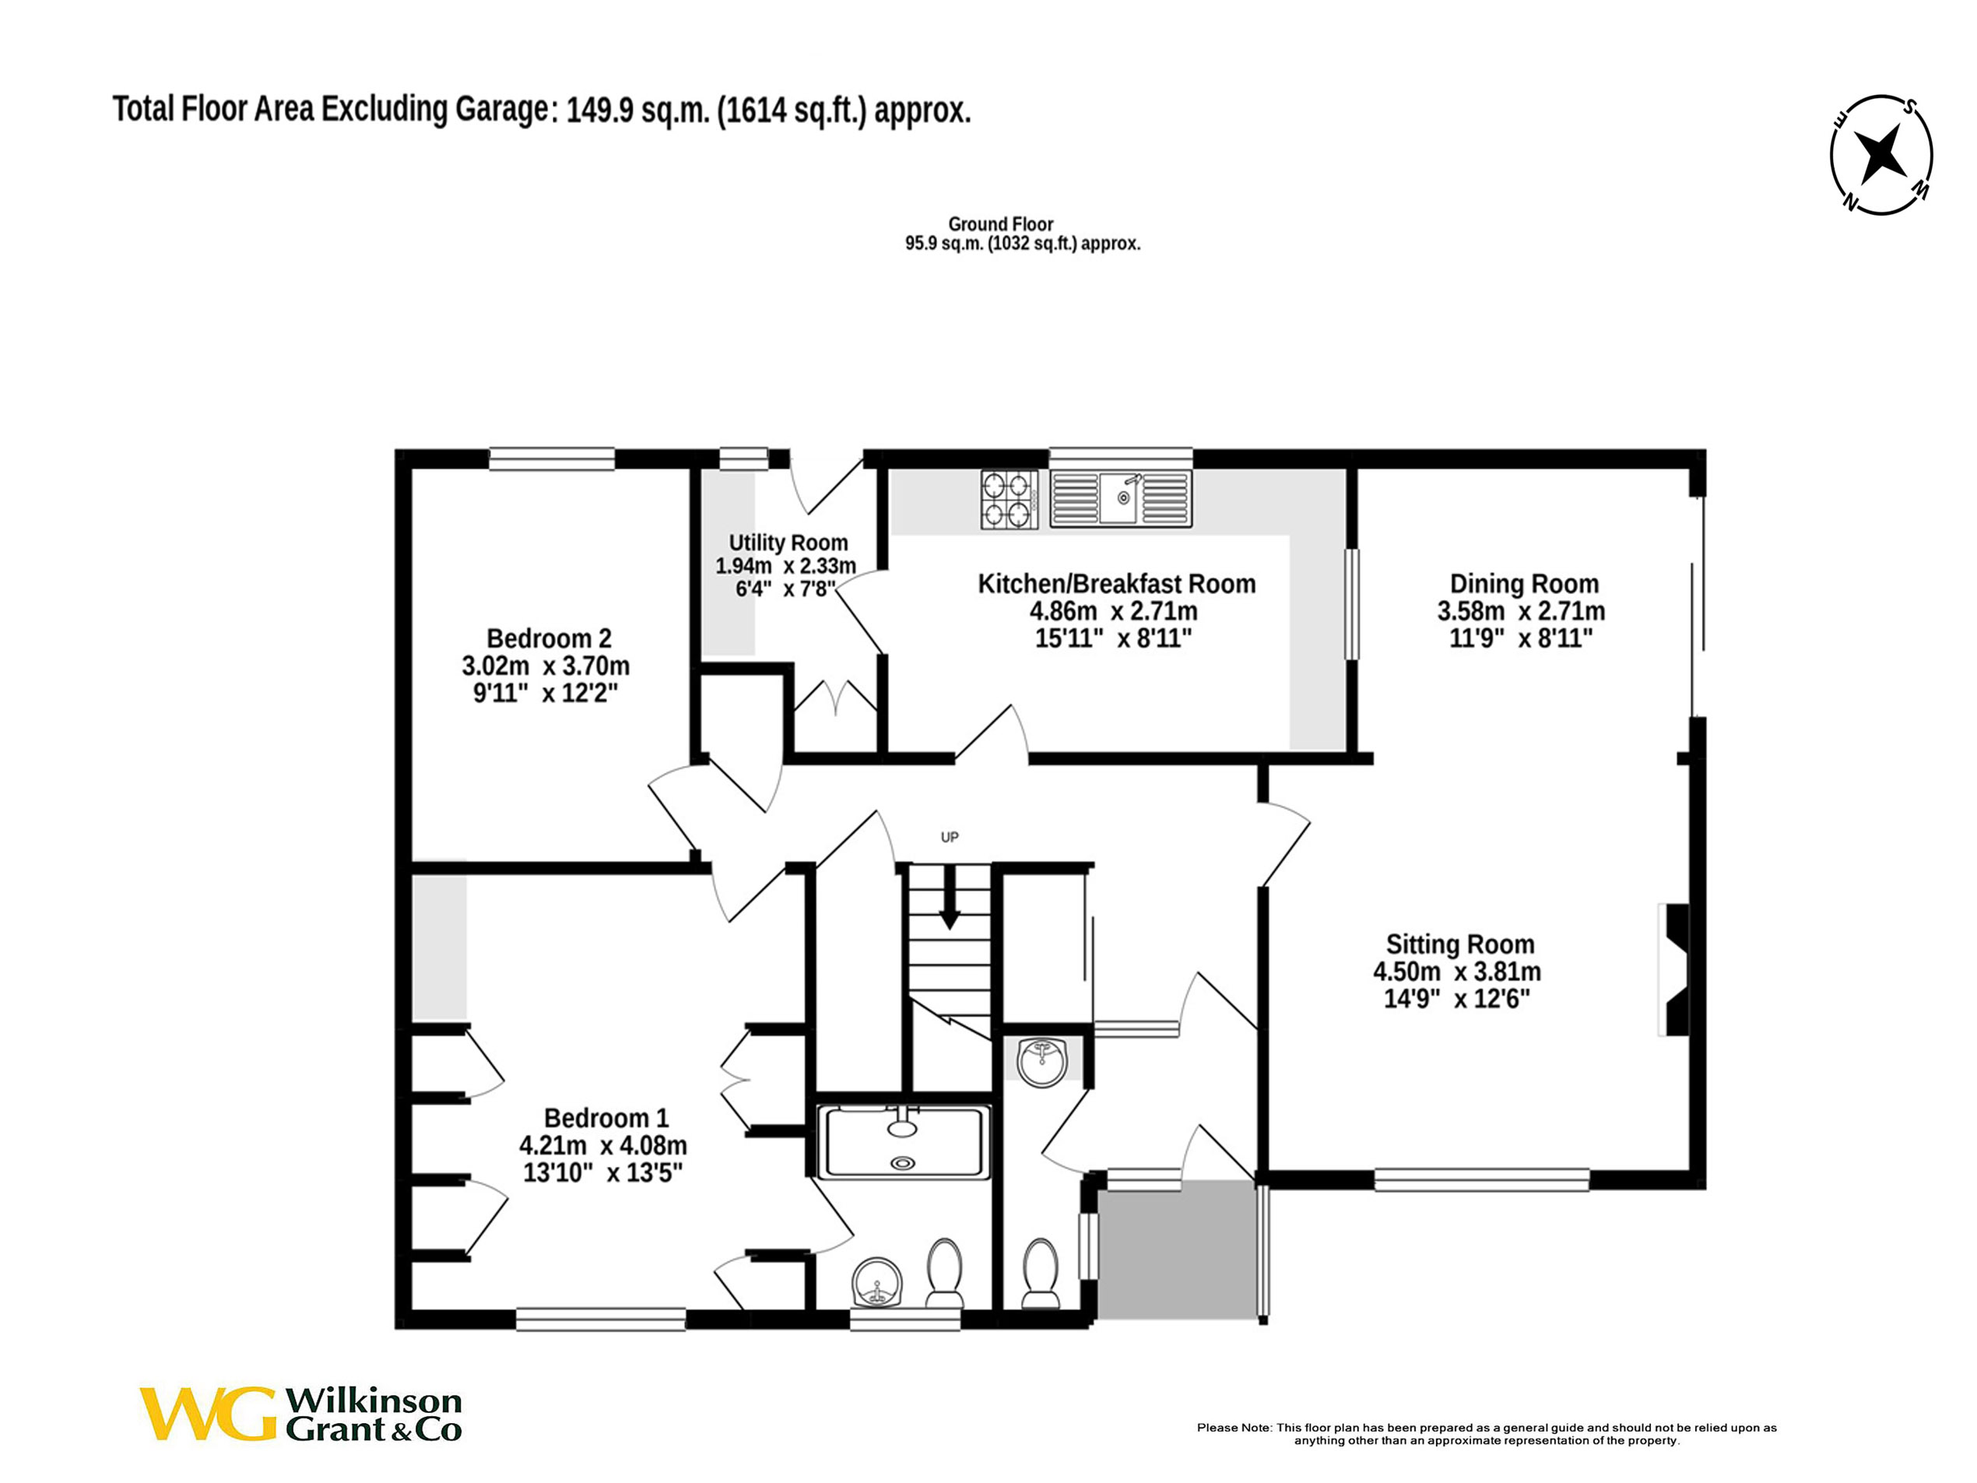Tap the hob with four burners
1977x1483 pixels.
tap(1008, 500)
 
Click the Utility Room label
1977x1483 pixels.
tap(788, 543)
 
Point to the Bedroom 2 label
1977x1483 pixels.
tap(549, 638)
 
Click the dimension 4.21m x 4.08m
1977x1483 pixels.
tap(602, 1145)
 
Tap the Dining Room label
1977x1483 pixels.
tap(1524, 584)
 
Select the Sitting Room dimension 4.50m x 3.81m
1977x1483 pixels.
tap(1457, 972)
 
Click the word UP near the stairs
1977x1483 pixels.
tap(949, 838)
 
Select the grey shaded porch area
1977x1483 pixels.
tap(1175, 1249)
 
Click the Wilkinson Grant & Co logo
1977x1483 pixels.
tap(301, 1413)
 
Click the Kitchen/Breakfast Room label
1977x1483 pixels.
tap(1116, 584)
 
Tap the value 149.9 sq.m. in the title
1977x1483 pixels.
tap(637, 111)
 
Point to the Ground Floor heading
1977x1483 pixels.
tap(1000, 224)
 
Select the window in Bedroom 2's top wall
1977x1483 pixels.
tap(551, 459)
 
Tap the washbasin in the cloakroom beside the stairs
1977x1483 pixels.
tap(1042, 1062)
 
